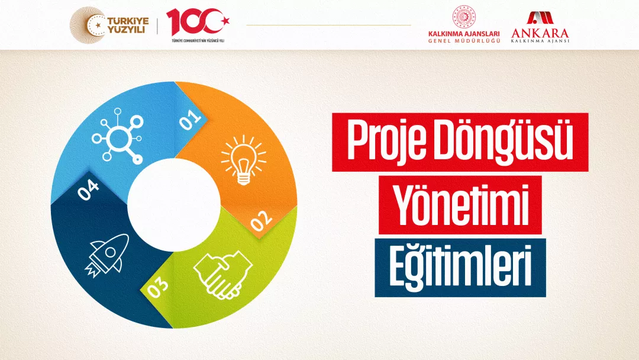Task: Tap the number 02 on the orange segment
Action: tap(262, 221)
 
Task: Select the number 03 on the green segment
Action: tap(157, 287)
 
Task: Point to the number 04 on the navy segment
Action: tap(88, 189)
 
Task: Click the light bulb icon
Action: tap(244, 160)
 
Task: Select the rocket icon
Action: tap(106, 255)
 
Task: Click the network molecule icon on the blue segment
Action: tap(117, 136)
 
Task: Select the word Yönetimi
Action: tap(460, 205)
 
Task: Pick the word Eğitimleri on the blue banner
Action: tap(460, 267)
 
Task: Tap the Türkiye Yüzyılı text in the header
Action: tap(128, 25)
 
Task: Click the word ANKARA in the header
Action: tap(540, 33)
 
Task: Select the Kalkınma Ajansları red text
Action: tap(464, 34)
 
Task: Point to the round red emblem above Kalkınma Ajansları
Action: tap(464, 17)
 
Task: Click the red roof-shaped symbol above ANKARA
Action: tap(540, 18)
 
